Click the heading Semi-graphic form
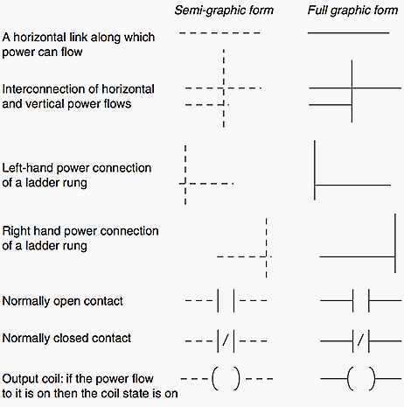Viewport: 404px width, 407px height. pyautogui.click(x=224, y=11)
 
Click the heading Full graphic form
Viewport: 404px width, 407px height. pyautogui.click(x=352, y=11)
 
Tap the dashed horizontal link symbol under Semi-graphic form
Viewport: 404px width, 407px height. pyautogui.click(x=219, y=33)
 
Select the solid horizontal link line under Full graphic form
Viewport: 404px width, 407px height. pyautogui.click(x=349, y=33)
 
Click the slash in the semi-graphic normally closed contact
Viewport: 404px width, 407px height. pyautogui.click(x=226, y=340)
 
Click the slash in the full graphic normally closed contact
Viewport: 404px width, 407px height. pyautogui.click(x=361, y=340)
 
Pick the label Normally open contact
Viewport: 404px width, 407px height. pyautogui.click(x=62, y=301)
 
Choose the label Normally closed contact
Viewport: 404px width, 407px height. pyautogui.click(x=66, y=338)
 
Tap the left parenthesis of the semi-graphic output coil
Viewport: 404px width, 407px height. pyautogui.click(x=214, y=378)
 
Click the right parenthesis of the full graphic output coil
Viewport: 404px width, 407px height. pyautogui.click(x=373, y=378)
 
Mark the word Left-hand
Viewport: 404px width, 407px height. pyautogui.click(x=28, y=168)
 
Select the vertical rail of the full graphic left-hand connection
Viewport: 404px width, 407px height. pyautogui.click(x=315, y=170)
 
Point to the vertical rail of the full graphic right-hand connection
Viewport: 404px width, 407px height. pyautogui.click(x=395, y=243)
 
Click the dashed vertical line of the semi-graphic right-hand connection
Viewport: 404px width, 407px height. pyautogui.click(x=267, y=248)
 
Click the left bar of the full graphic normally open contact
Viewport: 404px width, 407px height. pyautogui.click(x=353, y=300)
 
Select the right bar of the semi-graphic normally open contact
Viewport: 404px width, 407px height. pyautogui.click(x=233, y=300)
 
